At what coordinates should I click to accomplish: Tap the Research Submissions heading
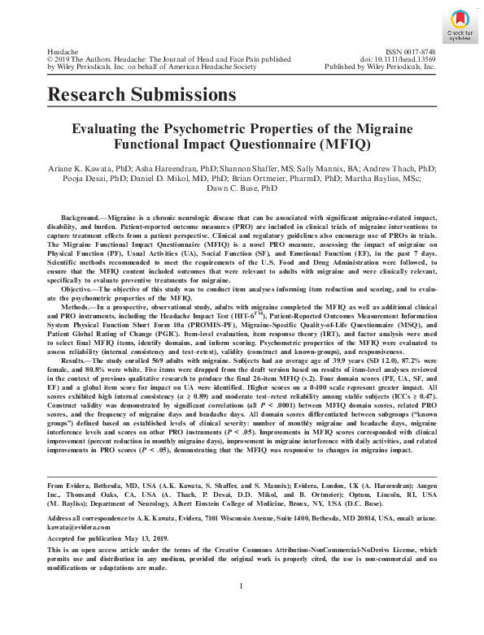[x=142, y=95]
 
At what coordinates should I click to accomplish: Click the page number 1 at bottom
[x=242, y=609]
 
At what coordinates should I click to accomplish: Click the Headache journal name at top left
[x=64, y=50]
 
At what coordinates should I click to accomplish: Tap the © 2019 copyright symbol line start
[x=52, y=59]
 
